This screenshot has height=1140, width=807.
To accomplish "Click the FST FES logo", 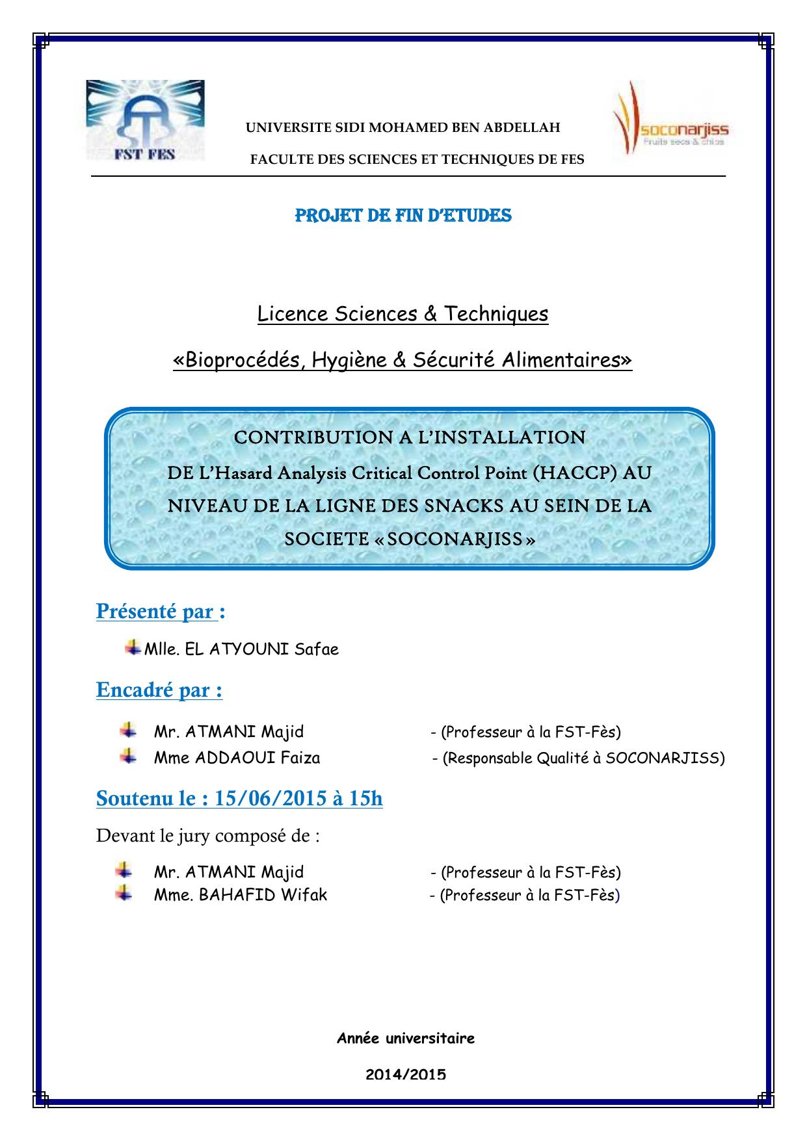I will coord(145,120).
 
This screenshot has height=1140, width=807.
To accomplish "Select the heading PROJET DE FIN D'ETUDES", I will coord(403,216).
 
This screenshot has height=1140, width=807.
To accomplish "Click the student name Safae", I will coord(317,649).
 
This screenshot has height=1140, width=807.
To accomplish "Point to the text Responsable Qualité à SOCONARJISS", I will coord(583,758).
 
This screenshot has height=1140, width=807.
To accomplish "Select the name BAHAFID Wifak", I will coord(263,895).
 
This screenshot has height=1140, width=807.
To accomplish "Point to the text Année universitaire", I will coord(405,1038).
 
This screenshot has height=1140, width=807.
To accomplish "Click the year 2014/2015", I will coord(405,1074).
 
